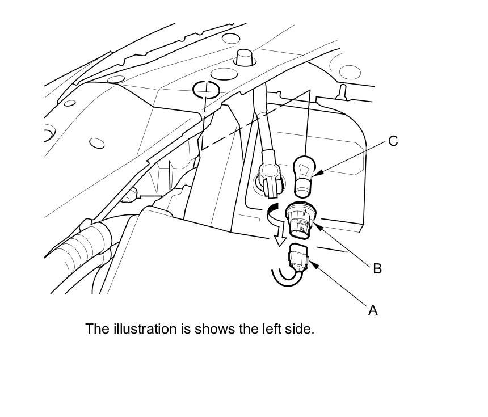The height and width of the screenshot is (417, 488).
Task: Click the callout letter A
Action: [x=373, y=310]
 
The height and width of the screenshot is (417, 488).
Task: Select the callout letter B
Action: [x=377, y=268]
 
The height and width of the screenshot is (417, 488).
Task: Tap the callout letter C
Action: [x=393, y=141]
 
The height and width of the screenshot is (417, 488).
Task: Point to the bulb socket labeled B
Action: [x=301, y=220]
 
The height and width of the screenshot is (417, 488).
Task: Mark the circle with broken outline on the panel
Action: [x=205, y=89]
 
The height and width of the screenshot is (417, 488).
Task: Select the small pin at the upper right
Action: [x=343, y=91]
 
